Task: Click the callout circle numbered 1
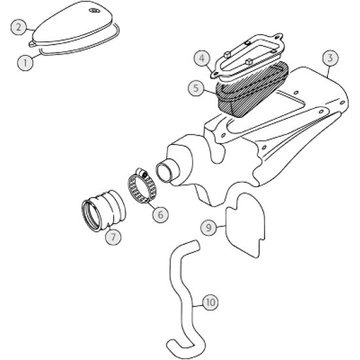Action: [x=25, y=62]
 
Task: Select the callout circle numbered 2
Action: [x=18, y=27]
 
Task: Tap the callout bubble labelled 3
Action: [x=331, y=58]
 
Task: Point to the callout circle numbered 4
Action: [x=202, y=58]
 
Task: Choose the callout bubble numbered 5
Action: [x=196, y=88]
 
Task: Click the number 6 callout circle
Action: [x=160, y=215]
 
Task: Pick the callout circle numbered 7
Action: [x=113, y=237]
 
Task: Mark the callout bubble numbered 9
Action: [x=208, y=228]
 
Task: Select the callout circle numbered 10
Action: [x=211, y=302]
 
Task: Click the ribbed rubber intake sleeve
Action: [x=103, y=210]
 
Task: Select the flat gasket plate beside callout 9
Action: [x=245, y=225]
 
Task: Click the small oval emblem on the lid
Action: [x=94, y=10]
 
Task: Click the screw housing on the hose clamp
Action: [x=141, y=173]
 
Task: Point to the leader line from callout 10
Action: [x=198, y=306]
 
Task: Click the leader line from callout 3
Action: [x=329, y=71]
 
